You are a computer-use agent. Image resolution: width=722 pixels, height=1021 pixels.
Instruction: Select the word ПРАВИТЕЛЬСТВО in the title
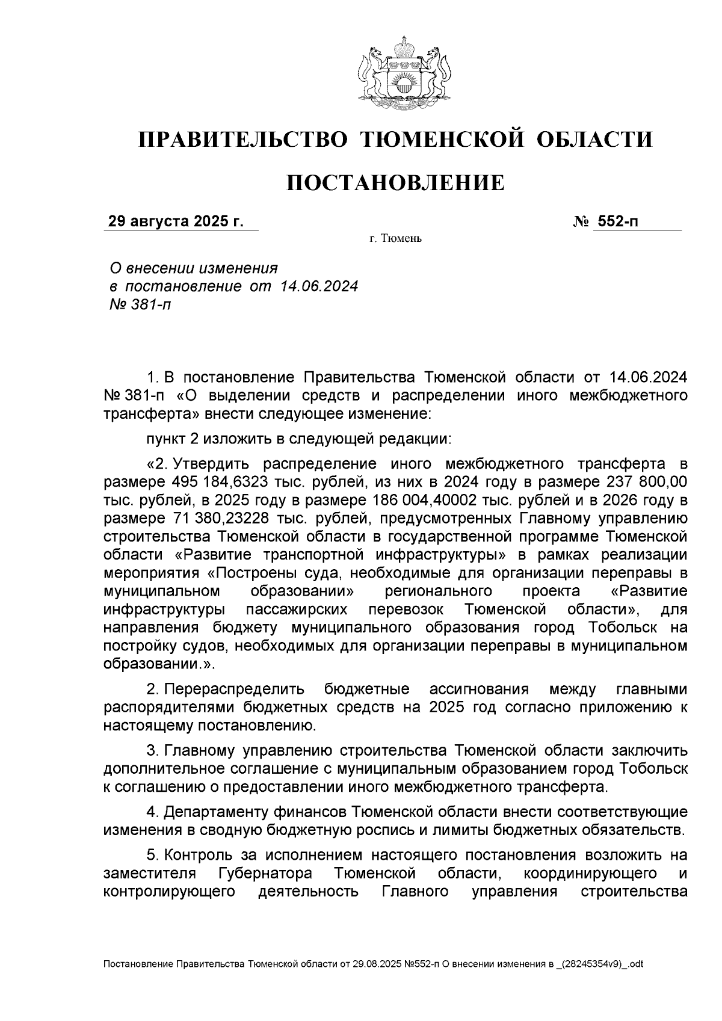244,140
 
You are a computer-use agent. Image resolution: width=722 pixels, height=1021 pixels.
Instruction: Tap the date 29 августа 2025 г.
176,221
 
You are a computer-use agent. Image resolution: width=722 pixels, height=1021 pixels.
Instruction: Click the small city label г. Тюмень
395,239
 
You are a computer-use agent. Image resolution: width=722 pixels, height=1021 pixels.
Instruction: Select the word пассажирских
297,609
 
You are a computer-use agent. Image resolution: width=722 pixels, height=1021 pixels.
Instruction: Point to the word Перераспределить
234,689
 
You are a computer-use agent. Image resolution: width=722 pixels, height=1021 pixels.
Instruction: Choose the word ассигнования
478,689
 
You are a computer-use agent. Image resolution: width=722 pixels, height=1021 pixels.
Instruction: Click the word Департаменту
226,812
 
